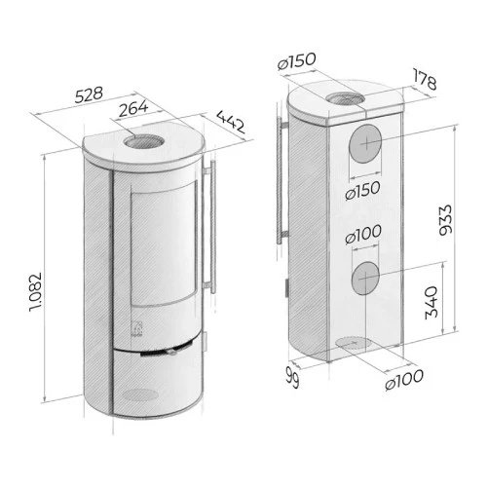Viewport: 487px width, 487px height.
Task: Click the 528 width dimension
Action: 89,94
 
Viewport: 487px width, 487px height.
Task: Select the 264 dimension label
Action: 133,109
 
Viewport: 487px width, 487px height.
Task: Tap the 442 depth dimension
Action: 230,122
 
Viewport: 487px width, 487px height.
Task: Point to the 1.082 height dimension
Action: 35,291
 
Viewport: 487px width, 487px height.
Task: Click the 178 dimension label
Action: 425,79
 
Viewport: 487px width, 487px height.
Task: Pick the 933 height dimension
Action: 445,220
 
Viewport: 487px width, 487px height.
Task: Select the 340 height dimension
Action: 431,303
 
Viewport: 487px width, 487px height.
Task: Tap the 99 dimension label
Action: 292,378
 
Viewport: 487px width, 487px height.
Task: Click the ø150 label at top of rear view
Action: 296,61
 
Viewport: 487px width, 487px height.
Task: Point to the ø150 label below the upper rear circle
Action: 362,191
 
